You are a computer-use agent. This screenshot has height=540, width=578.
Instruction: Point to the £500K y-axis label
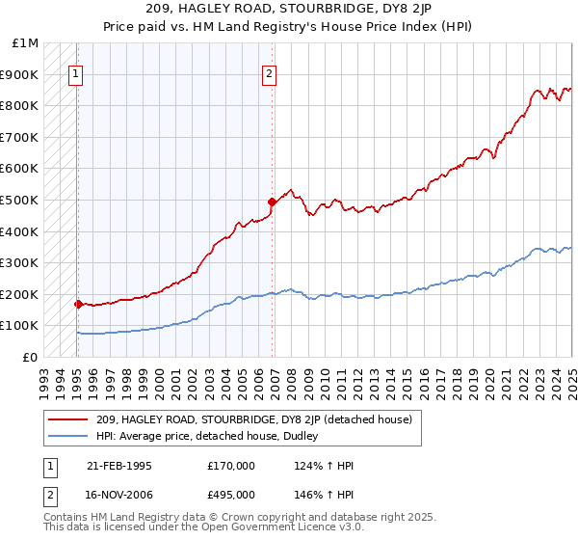click(20, 201)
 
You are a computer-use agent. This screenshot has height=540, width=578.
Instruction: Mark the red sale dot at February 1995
click(77, 304)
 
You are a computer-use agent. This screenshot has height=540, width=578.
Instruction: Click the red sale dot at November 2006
click(273, 202)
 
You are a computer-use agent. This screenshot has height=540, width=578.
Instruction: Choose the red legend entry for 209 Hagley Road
click(254, 419)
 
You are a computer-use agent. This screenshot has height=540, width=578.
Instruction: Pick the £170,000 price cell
click(231, 466)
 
